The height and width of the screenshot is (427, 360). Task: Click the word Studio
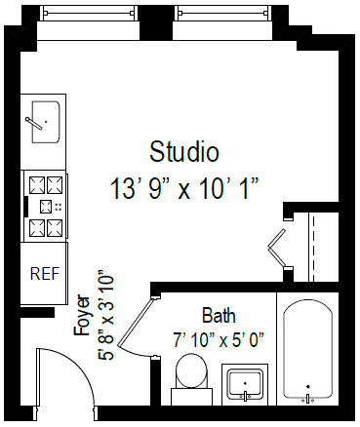click(x=183, y=152)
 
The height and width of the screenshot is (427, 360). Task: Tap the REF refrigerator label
click(x=43, y=273)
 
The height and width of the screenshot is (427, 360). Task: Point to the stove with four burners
click(x=44, y=206)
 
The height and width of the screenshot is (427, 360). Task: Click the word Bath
click(x=218, y=316)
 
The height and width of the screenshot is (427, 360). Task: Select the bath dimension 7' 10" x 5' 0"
click(x=219, y=339)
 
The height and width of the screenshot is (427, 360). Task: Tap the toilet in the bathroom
click(x=191, y=375)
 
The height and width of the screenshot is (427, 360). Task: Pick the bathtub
click(x=309, y=353)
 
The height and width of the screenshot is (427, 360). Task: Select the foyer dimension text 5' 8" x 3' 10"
click(x=106, y=317)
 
